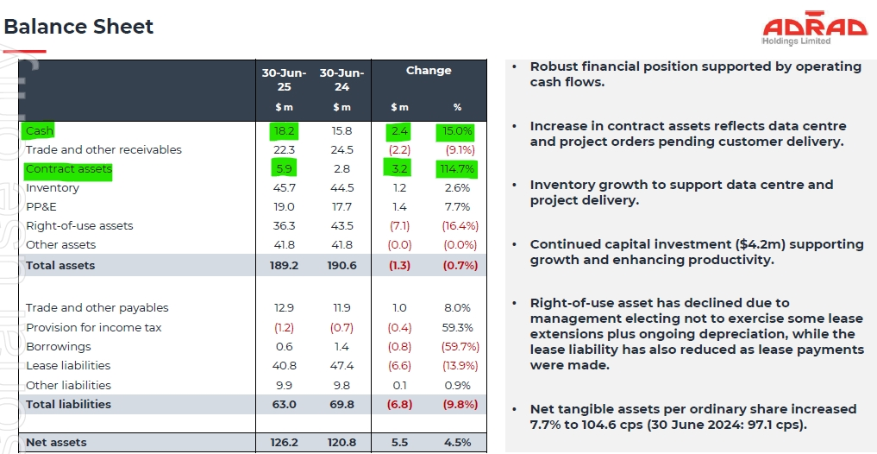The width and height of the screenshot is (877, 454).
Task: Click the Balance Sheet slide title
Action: click(78, 27)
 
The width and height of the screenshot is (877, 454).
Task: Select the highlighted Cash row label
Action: click(40, 130)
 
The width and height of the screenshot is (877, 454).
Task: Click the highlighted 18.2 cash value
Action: click(284, 130)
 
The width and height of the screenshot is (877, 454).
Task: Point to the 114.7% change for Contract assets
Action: click(457, 169)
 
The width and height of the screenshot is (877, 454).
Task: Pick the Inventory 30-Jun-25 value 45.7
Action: click(284, 188)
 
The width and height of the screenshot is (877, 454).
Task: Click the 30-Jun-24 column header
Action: click(341, 79)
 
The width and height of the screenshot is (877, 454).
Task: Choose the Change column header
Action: click(429, 71)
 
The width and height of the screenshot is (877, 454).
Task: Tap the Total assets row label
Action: click(60, 265)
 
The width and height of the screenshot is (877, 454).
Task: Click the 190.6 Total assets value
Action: click(341, 265)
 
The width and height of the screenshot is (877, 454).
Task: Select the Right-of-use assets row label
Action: click(79, 226)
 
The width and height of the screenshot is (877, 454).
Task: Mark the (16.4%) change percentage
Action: click(457, 226)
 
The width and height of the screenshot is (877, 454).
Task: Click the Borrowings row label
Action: click(58, 347)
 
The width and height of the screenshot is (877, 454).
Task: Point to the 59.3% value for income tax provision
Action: click(457, 328)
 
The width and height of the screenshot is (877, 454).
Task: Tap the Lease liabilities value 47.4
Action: click(341, 366)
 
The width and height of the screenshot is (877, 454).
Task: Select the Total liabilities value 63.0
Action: click(284, 404)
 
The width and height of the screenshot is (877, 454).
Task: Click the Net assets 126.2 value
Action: click(284, 443)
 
